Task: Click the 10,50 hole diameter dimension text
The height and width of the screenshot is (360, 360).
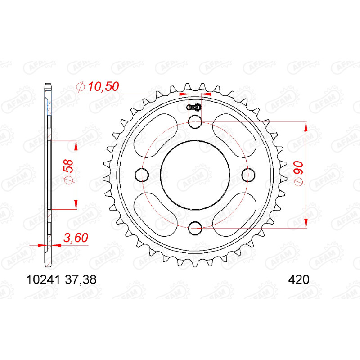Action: coord(103,86)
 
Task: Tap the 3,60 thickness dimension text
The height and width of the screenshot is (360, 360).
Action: coord(76,238)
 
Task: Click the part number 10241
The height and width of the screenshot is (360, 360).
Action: coord(43,280)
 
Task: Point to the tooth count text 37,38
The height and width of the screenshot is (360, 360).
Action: coord(81,280)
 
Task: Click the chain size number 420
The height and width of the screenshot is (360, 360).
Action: coord(299,280)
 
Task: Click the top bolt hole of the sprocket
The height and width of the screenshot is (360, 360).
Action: coord(195,121)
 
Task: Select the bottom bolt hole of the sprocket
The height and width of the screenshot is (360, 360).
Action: coord(195,228)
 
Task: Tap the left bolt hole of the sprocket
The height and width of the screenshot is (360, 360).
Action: coord(142,175)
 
